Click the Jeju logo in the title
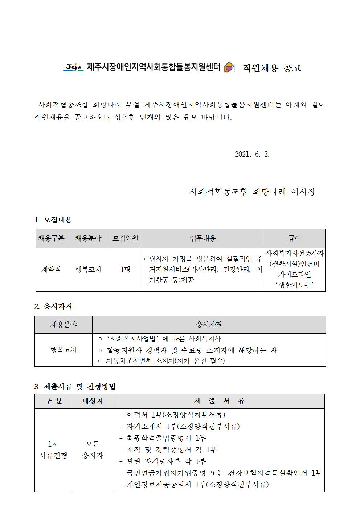(x=74, y=67)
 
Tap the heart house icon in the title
(x=228, y=67)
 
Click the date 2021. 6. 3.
(x=252, y=154)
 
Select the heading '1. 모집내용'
(x=53, y=220)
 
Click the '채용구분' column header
(x=51, y=238)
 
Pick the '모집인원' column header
(x=126, y=238)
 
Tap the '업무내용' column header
(x=202, y=238)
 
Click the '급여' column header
(x=294, y=238)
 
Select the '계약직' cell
(x=51, y=270)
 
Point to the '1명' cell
(x=126, y=270)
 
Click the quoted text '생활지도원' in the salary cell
(x=294, y=286)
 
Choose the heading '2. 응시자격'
(x=53, y=307)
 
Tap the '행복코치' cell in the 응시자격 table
(x=64, y=350)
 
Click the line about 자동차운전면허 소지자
(x=161, y=361)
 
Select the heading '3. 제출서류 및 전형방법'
(x=75, y=387)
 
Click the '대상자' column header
(x=93, y=401)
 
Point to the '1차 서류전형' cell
(x=53, y=450)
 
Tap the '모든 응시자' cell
(x=93, y=450)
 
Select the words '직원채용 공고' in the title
(x=272, y=68)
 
